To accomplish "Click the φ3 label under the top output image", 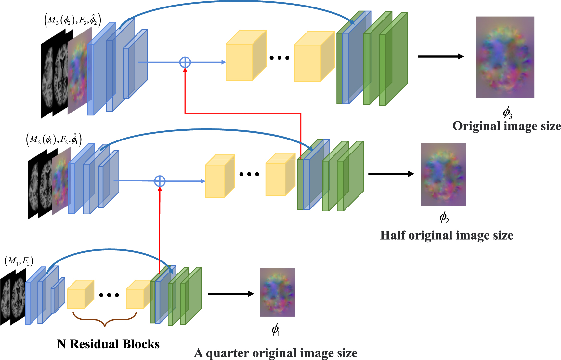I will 507,113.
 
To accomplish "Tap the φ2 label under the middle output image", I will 444,217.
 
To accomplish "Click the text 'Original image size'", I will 506,126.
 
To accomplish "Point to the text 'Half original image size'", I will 447,235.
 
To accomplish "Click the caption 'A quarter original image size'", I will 276,353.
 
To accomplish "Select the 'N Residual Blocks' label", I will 108,344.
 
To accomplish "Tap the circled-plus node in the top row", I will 185,62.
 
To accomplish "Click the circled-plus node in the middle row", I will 160,181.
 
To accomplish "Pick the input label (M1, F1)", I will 19,261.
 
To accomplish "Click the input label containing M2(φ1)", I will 54,140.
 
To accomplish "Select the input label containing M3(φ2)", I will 72,20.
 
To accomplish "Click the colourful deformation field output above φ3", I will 505,57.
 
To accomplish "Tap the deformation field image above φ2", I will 443,174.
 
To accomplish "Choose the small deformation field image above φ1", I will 278,292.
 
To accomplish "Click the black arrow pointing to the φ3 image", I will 440,57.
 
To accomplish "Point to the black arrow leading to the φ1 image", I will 230,294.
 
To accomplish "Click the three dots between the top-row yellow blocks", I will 280,58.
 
